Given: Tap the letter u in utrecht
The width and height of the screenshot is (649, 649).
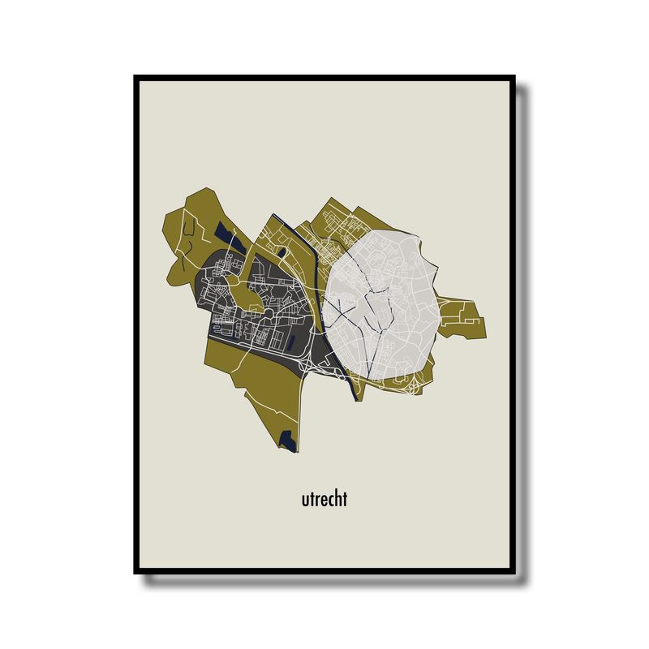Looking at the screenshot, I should click(304, 500).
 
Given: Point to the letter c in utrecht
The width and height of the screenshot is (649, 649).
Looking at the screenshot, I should click(330, 500).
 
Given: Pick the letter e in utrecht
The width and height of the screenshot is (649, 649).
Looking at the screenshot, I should click(323, 500).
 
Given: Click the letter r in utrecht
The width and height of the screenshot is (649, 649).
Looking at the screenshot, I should click(316, 500).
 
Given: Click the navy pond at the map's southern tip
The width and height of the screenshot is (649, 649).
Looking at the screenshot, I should click(286, 440).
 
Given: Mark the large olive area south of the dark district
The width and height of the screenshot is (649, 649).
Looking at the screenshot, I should click(260, 389).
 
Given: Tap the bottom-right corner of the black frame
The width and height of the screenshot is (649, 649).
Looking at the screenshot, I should click(513, 571).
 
